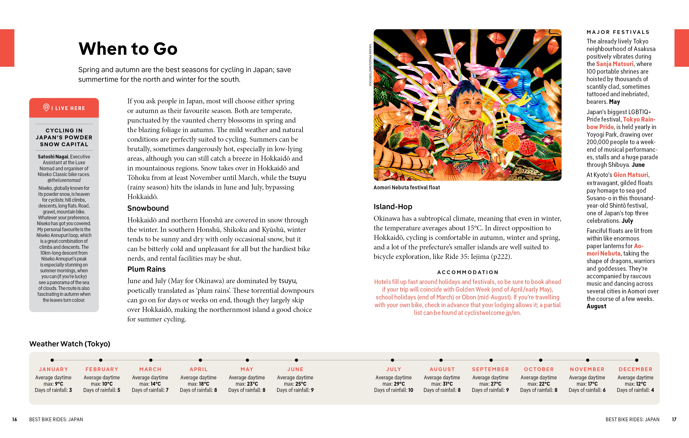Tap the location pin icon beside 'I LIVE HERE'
click(x=46, y=108)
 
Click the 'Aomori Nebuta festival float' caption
click(x=406, y=188)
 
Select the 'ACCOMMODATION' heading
click(x=468, y=272)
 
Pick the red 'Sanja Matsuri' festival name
click(x=615, y=64)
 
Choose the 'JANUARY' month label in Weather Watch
click(x=54, y=369)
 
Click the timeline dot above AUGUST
click(x=441, y=360)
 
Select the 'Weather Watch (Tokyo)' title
click(x=69, y=344)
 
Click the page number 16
click(x=15, y=419)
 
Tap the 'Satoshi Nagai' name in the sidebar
click(x=53, y=157)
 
